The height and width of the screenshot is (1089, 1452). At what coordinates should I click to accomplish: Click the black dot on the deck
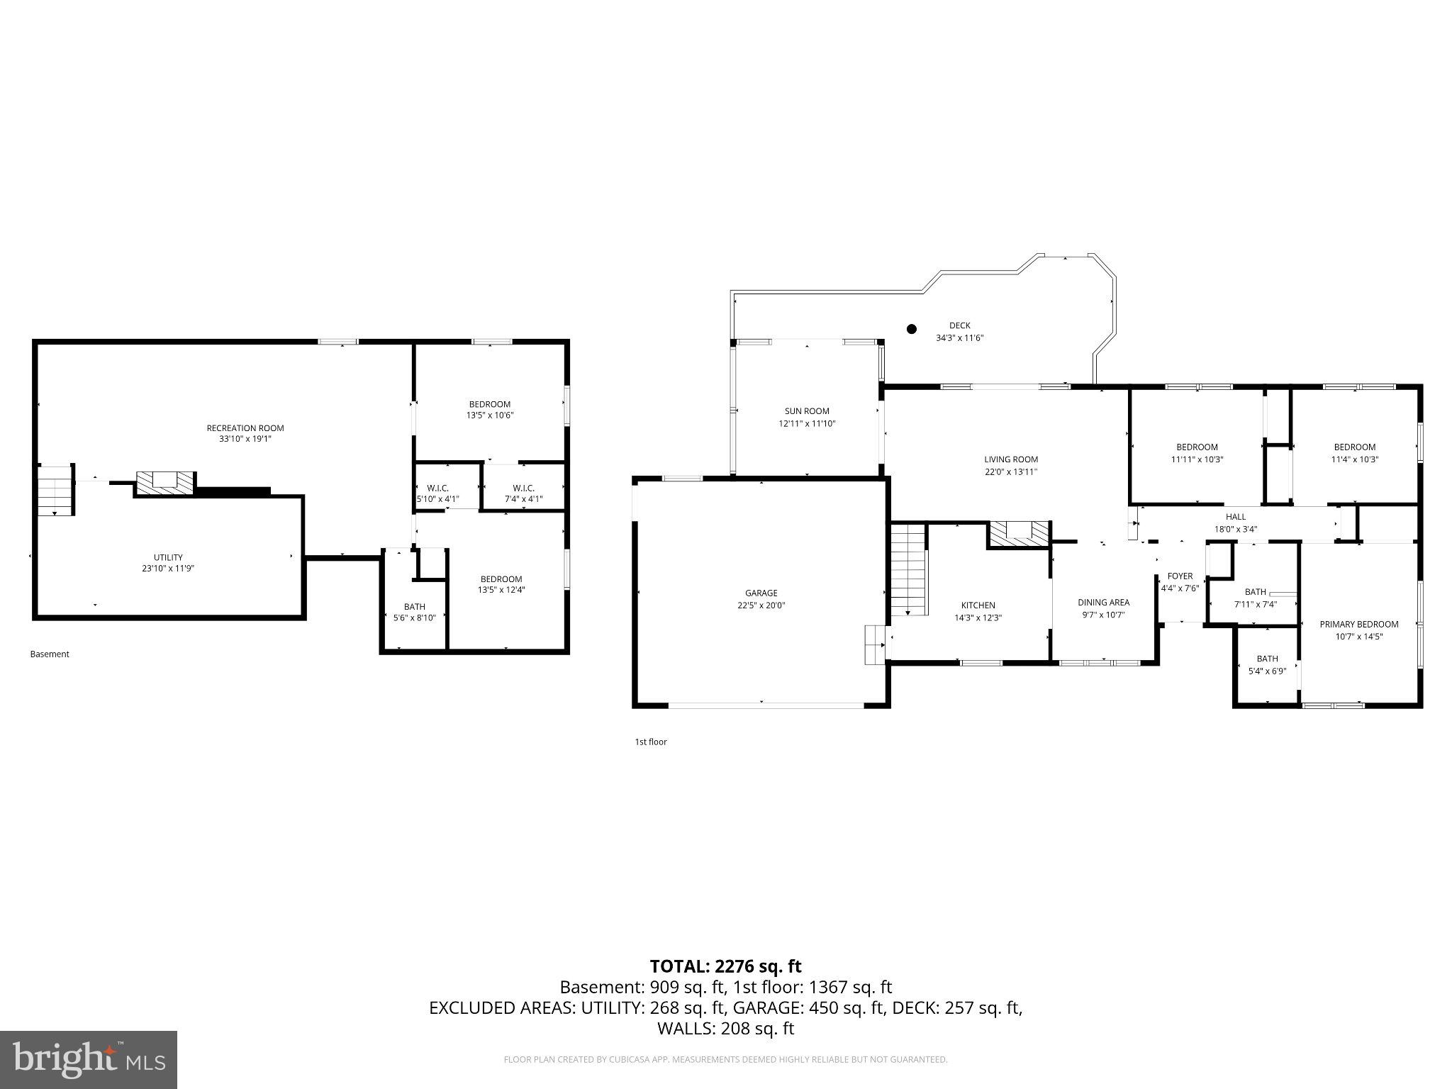pos(912,329)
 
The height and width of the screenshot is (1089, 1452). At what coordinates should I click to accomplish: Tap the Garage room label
pos(761,593)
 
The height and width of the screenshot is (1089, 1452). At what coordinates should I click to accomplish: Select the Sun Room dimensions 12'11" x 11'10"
pos(807,423)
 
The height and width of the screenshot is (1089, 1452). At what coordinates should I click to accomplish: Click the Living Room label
pos(1011,459)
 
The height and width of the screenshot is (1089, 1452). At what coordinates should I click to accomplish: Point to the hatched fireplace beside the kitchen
pos(1020,535)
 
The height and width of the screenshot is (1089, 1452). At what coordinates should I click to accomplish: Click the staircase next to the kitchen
pos(909,570)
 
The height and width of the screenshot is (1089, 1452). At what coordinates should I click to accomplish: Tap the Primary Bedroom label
pos(1359,624)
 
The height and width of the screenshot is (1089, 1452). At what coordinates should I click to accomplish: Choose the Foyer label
pos(1180,576)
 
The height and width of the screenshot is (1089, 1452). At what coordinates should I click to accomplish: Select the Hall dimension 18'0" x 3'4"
pos(1236,528)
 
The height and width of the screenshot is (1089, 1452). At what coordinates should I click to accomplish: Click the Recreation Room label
pos(245,428)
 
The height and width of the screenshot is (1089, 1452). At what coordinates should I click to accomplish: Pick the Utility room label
pos(168,557)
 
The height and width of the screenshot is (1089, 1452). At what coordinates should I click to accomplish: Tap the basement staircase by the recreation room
pos(56,490)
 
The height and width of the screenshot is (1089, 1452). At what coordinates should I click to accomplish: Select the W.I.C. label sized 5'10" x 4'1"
pos(437,488)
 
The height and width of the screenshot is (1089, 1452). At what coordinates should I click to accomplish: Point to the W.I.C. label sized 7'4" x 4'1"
pos(523,488)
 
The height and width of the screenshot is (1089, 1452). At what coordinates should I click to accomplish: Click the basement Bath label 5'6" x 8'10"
pos(415,606)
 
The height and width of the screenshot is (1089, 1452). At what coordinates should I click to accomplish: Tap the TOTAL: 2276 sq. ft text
pos(725,966)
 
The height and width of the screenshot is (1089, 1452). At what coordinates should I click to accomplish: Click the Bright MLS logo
pos(89,1059)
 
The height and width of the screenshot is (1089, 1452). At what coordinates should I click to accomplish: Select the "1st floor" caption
pos(651,742)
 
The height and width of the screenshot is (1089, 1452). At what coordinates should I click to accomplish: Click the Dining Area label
pos(1104,602)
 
